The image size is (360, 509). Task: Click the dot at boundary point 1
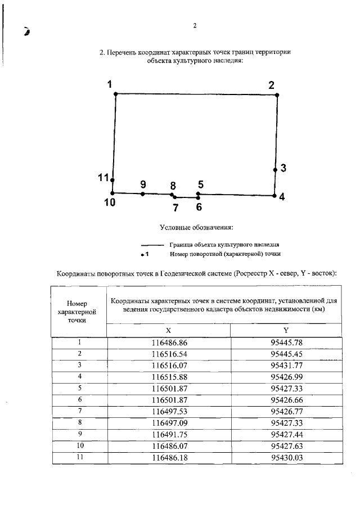pos(115,94)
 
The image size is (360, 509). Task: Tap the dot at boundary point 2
pos(277,95)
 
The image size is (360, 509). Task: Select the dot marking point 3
pos(276,169)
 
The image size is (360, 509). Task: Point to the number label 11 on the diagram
pos(103,178)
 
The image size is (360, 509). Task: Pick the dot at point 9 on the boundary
pos(143,194)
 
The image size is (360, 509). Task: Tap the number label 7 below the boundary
pos(175,207)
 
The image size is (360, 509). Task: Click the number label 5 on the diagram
pos(200,184)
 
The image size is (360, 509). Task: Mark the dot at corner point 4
pos(274,196)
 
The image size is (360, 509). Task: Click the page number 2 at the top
pos(195,25)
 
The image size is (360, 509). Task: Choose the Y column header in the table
pos(286,331)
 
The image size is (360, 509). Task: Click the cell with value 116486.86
pos(169,342)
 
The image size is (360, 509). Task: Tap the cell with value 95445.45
pos(286,353)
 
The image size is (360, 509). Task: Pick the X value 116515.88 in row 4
pos(169,376)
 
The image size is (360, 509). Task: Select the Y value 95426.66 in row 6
pos(286,399)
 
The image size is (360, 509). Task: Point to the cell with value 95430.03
pos(286,458)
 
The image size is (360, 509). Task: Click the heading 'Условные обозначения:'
pos(196,228)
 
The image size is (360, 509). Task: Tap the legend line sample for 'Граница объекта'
pos(152,245)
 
